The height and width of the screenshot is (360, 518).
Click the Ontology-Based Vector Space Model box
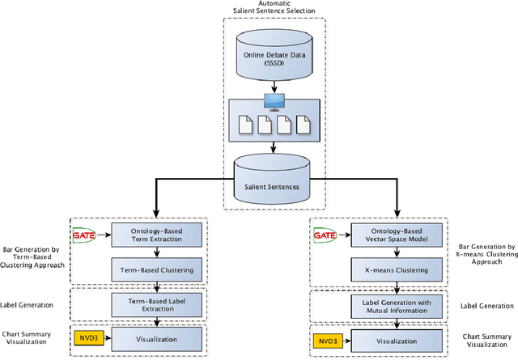pyautogui.click(x=396, y=235)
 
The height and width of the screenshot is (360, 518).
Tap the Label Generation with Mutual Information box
pyautogui.click(x=396, y=305)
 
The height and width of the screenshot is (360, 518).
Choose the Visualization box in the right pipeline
pyautogui.click(x=396, y=340)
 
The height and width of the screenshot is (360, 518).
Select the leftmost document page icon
pyautogui.click(x=244, y=125)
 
